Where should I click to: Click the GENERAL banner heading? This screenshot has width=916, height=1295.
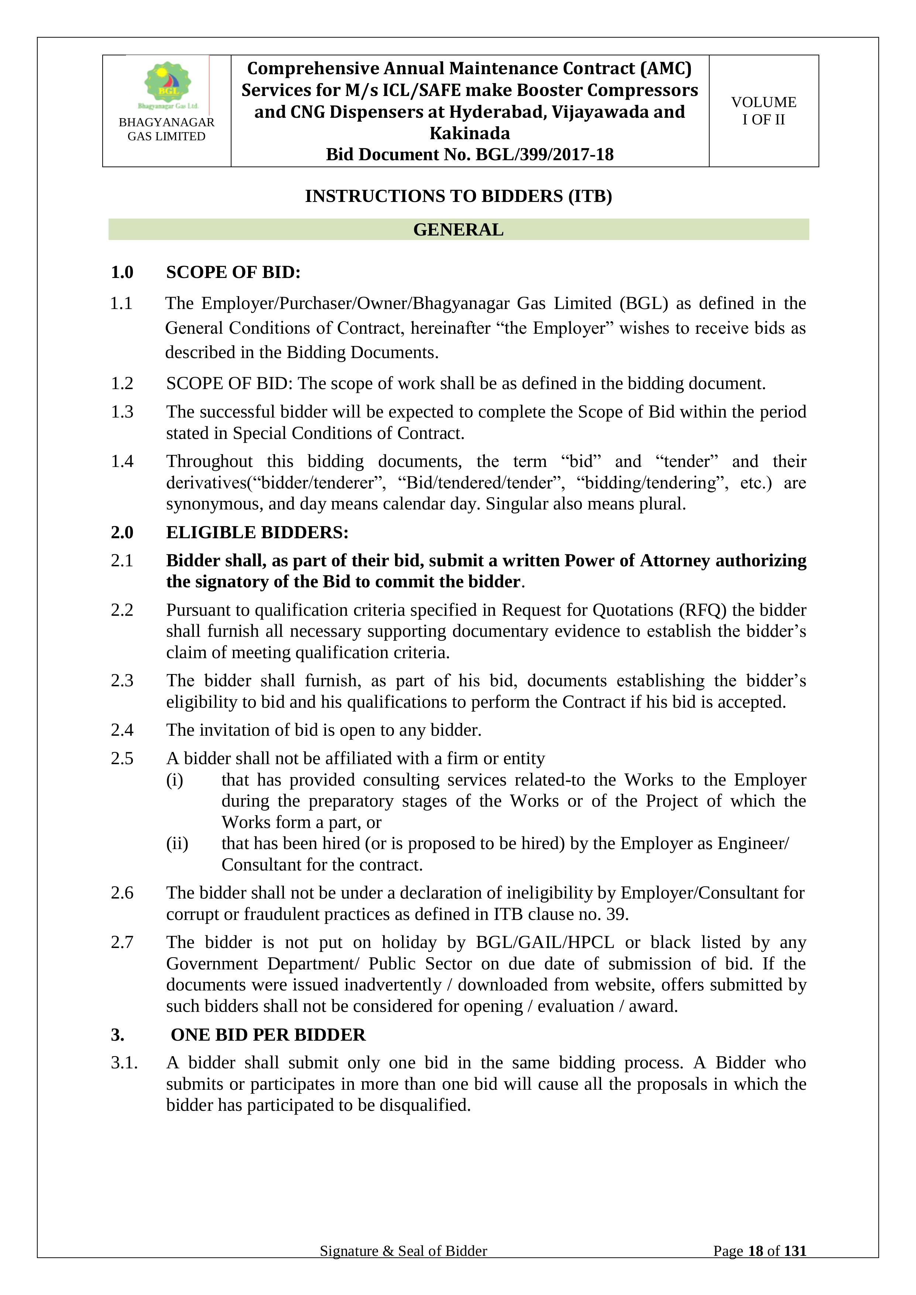[458, 230]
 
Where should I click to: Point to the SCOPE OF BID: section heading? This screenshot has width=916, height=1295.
[233, 272]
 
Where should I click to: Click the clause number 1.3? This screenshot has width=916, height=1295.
[122, 412]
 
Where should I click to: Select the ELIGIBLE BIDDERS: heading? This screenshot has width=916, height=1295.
[257, 532]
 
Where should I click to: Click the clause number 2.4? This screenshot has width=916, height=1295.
[122, 731]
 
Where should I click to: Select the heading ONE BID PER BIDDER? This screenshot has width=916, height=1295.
[268, 1035]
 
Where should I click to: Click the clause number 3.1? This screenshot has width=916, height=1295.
[124, 1063]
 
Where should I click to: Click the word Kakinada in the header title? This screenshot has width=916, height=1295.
[469, 134]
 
